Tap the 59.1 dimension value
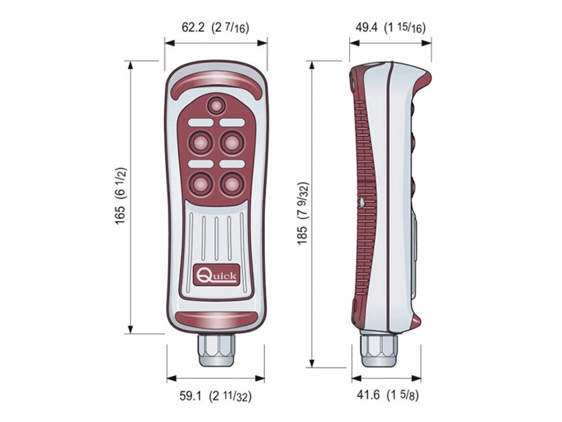coord(191,396)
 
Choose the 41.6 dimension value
coord(367,396)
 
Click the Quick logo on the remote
coord(216,275)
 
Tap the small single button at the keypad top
coord(216,105)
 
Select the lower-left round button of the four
coord(200,183)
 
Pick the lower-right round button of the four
coord(232,183)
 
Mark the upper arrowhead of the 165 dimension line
coord(131,65)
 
